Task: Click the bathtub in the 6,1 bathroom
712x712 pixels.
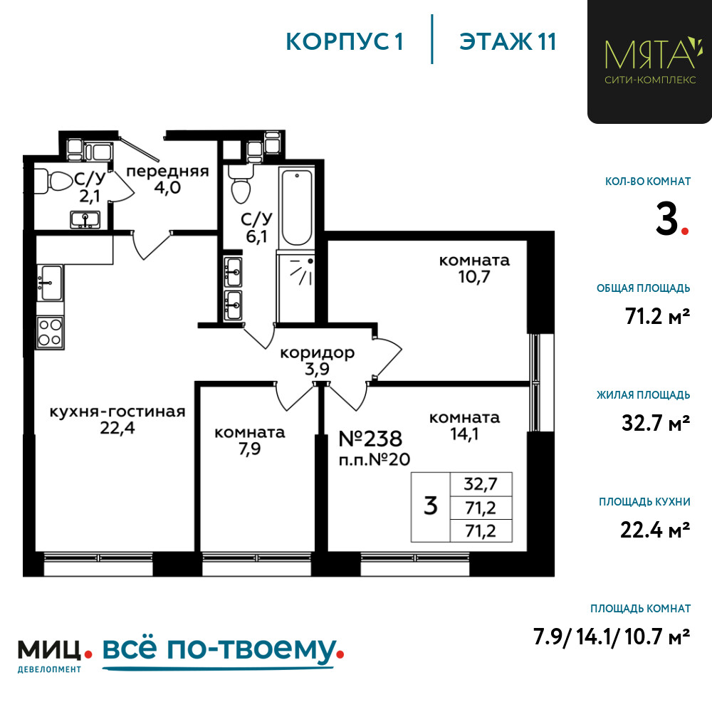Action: (297, 208)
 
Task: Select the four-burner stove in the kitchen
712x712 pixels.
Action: (50, 333)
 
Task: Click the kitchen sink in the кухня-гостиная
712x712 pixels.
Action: (51, 283)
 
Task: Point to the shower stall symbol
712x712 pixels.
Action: (295, 286)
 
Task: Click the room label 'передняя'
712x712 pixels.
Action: (167, 171)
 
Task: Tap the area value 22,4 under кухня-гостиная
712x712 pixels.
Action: (117, 428)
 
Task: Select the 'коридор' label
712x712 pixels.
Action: (317, 353)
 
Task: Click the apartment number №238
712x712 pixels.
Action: (370, 439)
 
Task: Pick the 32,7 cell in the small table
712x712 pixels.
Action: (481, 484)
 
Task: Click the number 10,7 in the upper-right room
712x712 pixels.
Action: (473, 276)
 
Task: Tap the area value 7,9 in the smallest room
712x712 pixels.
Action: (250, 449)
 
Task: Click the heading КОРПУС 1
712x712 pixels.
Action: (344, 41)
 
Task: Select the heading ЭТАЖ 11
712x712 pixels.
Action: (508, 41)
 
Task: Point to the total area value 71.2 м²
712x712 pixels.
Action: (657, 316)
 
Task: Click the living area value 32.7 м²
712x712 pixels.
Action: (656, 423)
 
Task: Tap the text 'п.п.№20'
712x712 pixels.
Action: (375, 459)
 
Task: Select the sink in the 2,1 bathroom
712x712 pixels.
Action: (85, 220)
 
